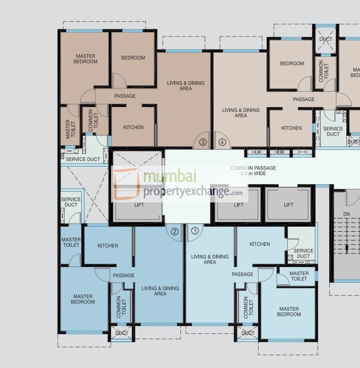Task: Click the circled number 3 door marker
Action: tap(203, 142)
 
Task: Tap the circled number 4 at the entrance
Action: tap(222, 142)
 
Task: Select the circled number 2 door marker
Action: tap(175, 232)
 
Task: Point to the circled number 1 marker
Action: tap(195, 232)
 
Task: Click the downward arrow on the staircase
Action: tap(347, 247)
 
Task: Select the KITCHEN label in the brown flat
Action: tap(133, 127)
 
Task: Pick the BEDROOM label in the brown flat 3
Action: tap(133, 58)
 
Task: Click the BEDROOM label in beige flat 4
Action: tap(292, 64)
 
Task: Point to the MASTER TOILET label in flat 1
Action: tap(299, 276)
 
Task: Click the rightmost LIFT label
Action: tap(288, 205)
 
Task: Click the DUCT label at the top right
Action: tap(326, 39)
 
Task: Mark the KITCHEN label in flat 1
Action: tap(260, 244)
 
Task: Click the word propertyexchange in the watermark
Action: tap(187, 191)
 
